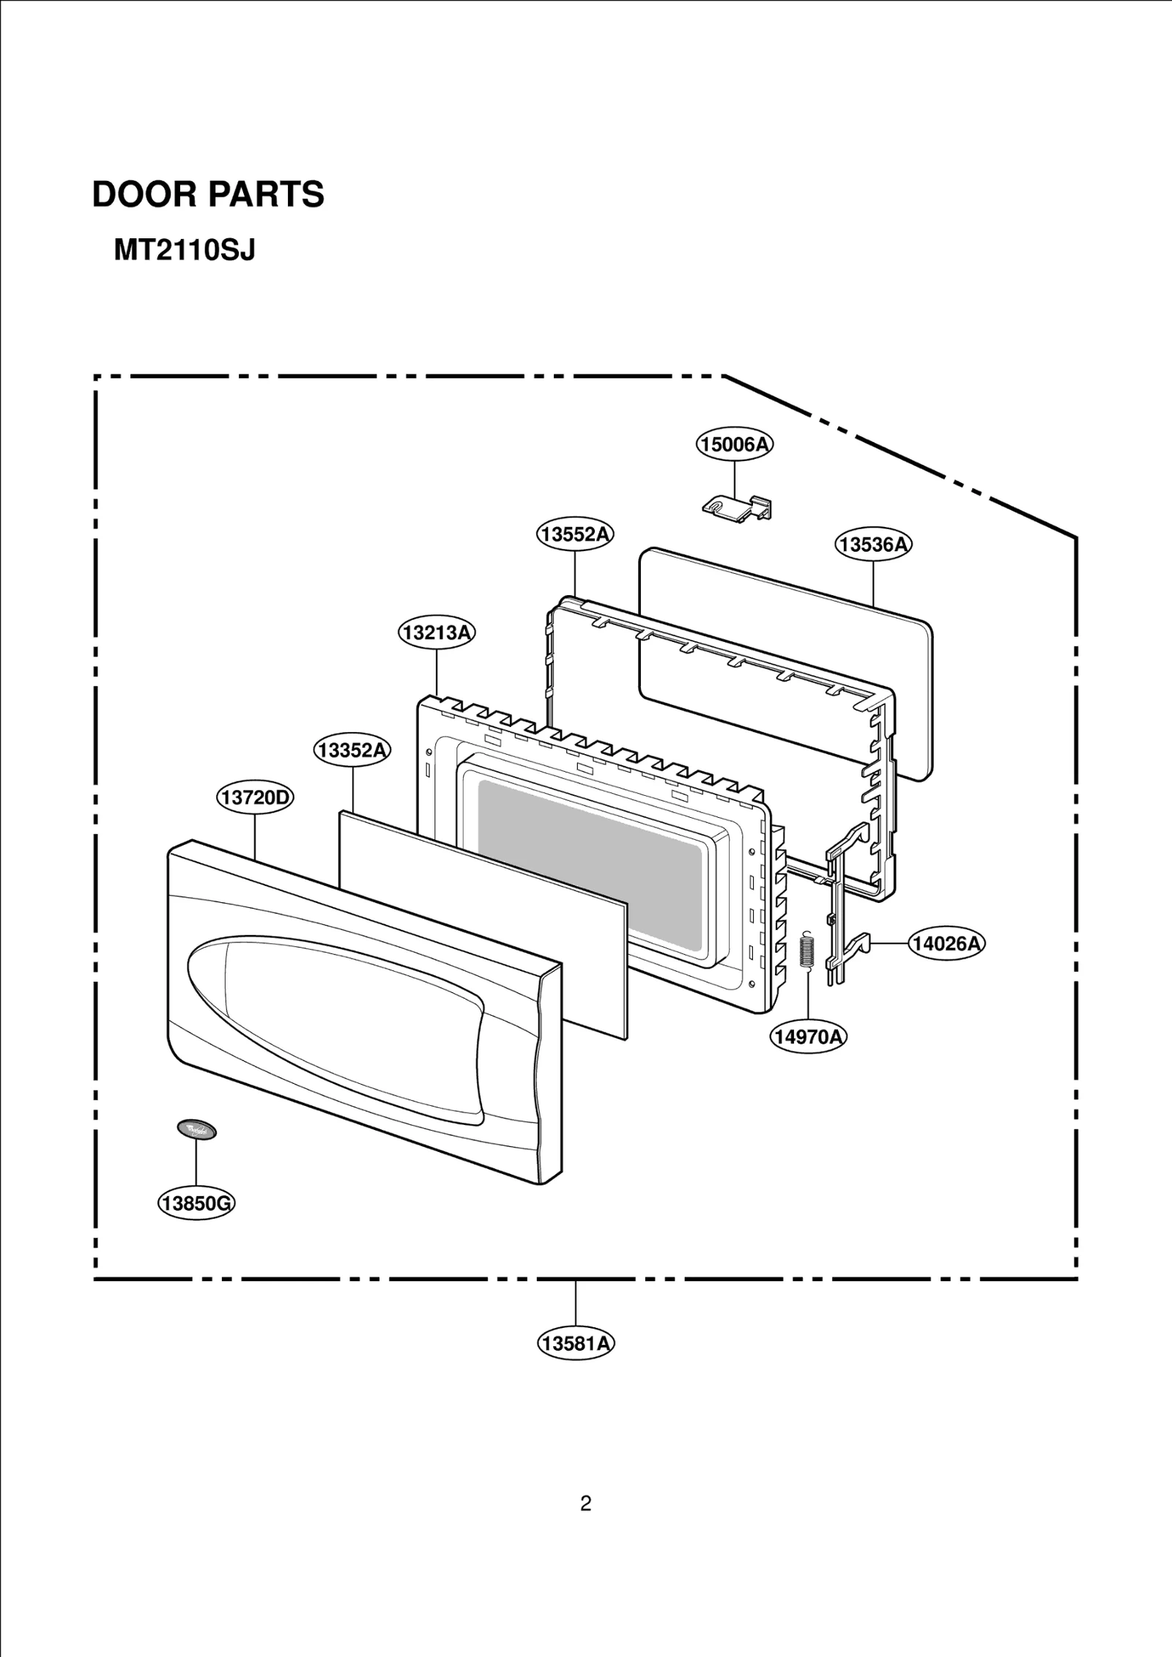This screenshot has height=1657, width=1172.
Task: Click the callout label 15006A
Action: (x=734, y=444)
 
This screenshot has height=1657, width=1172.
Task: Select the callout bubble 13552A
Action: (x=575, y=534)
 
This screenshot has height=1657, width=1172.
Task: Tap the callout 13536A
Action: (x=873, y=545)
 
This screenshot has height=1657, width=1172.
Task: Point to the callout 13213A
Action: (x=437, y=632)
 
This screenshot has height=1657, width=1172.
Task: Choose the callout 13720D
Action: (x=255, y=797)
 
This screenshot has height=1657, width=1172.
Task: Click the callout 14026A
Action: (x=946, y=943)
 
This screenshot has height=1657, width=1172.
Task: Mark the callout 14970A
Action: (x=809, y=1036)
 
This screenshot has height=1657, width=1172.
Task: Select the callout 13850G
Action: (x=196, y=1203)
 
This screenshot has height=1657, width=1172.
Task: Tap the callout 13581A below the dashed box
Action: (x=575, y=1343)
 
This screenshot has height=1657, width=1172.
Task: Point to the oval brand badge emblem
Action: (x=196, y=1129)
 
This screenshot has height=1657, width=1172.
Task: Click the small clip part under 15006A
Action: (x=736, y=507)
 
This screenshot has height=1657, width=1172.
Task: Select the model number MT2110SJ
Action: (x=185, y=251)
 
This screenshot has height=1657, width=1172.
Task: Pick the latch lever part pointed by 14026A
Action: (x=842, y=909)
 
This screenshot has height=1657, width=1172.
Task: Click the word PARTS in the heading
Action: (x=266, y=195)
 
